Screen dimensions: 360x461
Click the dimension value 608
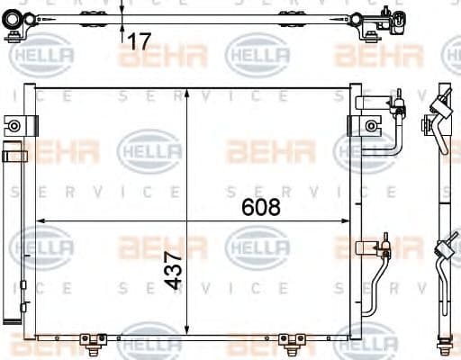pyautogui.click(x=261, y=206)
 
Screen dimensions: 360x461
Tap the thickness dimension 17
pyautogui.click(x=138, y=40)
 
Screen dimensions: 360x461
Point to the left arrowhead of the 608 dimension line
pyautogui.click(x=39, y=220)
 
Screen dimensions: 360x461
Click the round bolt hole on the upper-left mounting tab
pyautogui.click(x=14, y=125)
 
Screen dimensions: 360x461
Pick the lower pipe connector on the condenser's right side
pyautogui.click(x=382, y=244)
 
